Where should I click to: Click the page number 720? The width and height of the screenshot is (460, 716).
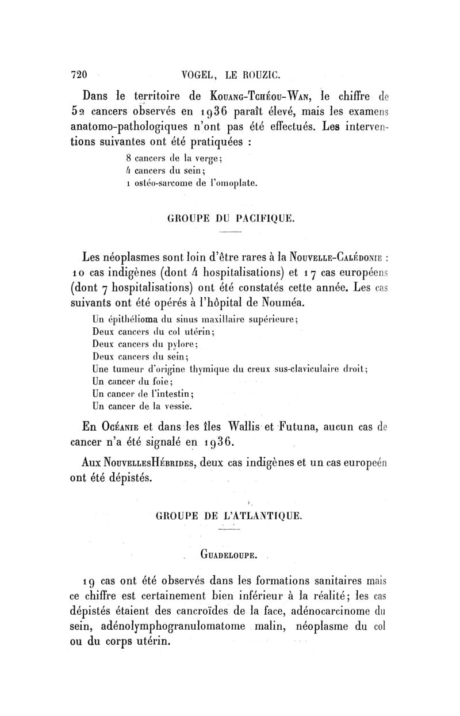[x=78, y=74]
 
